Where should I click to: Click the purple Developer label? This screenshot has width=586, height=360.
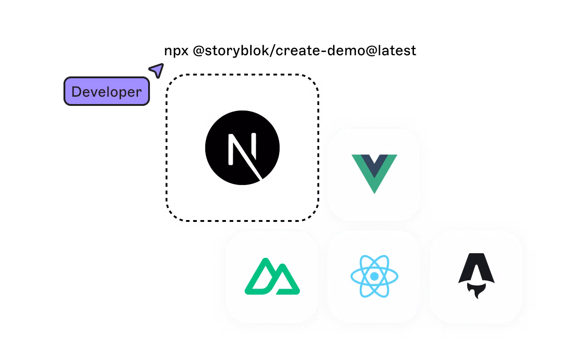coord(107,91)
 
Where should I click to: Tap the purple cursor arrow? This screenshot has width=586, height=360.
coord(157,70)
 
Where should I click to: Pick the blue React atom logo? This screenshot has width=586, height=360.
coord(374,276)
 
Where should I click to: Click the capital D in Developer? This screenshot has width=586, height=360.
coord(76,92)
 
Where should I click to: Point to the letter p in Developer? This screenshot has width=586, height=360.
coord(121,93)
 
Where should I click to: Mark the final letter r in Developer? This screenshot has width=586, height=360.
coord(138,93)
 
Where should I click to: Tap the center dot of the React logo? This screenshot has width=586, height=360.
coord(374,276)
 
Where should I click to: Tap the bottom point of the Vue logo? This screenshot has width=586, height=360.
coord(374,191)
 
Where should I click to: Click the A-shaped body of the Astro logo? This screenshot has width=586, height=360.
coord(476,267)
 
